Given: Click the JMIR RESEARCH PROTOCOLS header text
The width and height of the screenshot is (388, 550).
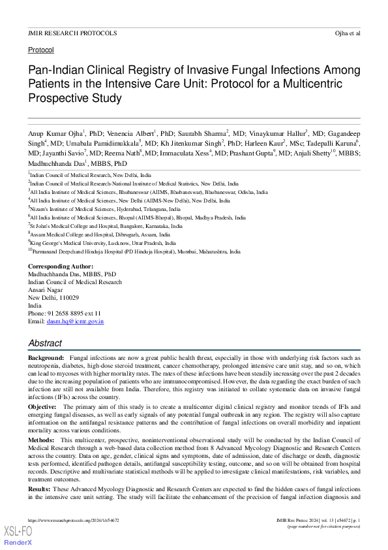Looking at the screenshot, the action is click(x=63, y=32).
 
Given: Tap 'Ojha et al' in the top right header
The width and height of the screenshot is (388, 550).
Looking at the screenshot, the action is click(x=347, y=32).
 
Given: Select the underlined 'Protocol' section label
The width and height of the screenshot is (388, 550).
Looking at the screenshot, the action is click(x=40, y=50).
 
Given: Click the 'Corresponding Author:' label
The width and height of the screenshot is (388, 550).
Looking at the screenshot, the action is click(x=61, y=267).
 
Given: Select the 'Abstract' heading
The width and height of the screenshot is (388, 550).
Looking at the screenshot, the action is click(x=45, y=343).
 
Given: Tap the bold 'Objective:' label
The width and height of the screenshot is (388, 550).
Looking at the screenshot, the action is click(x=42, y=406).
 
